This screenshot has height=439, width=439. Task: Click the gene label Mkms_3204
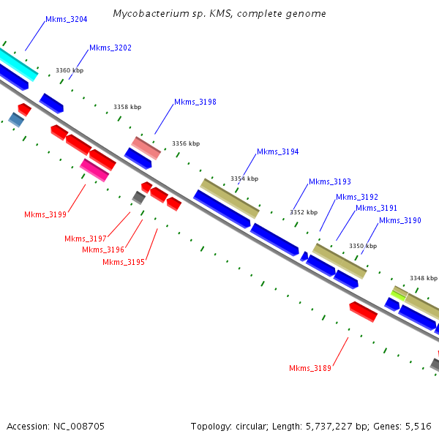click(x=66, y=20)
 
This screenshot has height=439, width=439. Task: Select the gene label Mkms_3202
click(x=110, y=48)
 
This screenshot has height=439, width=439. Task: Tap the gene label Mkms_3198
click(x=195, y=102)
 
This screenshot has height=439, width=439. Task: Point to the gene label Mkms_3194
click(x=277, y=152)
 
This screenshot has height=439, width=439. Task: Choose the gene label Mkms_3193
click(x=329, y=182)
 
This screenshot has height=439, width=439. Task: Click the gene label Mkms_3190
click(x=399, y=221)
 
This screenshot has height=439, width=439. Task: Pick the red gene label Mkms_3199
click(x=45, y=215)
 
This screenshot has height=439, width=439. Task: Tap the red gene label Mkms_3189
click(x=309, y=369)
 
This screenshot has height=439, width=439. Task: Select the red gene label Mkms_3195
click(x=123, y=263)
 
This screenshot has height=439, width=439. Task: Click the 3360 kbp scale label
click(x=70, y=71)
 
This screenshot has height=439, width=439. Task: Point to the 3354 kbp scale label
click(x=244, y=179)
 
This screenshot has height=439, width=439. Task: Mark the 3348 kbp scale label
click(x=424, y=278)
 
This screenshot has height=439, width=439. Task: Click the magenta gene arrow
click(x=94, y=170)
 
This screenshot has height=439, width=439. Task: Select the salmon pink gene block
click(x=146, y=147)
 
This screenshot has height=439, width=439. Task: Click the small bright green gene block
click(x=399, y=295)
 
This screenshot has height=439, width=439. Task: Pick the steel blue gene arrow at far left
click(x=16, y=119)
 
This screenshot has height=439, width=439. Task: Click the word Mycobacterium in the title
click(x=149, y=14)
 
